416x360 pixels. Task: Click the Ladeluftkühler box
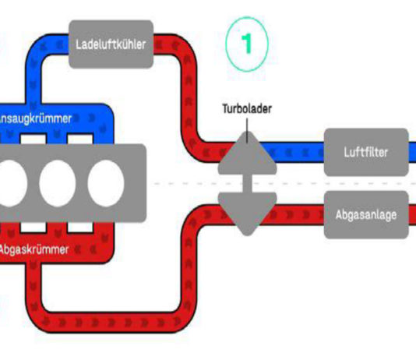111,44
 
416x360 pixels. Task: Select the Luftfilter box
366,152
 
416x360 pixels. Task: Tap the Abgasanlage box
366,214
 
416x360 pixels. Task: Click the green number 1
247,44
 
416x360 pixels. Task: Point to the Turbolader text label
247,109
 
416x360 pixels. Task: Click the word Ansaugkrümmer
35,118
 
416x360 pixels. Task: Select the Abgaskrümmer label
33,249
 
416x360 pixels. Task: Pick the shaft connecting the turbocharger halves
247,184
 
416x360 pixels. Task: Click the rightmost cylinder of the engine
106,183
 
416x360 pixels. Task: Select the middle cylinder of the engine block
58,183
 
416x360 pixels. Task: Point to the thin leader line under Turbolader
247,131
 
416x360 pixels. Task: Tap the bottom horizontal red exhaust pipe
111,323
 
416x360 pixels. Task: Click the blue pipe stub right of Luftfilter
412,152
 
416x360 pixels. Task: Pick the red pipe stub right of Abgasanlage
412,214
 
